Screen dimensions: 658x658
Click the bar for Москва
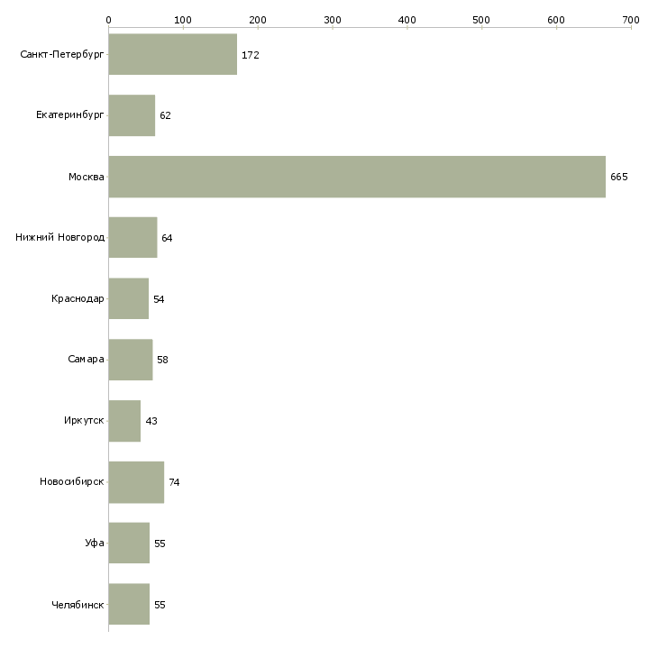coord(357,177)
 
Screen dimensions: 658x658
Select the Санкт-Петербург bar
coord(172,55)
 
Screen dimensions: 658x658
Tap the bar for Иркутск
coord(124,421)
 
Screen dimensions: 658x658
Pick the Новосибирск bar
coord(136,482)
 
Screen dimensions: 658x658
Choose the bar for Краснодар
coord(128,298)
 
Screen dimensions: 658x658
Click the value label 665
coord(618,177)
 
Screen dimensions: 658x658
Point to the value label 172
coord(250,55)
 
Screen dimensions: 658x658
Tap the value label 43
coord(151,421)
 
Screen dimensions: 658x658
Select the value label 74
coord(174,482)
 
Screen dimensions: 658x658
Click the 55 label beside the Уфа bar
coord(160,544)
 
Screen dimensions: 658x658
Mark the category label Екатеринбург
coord(70,115)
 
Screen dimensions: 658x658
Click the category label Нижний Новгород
coord(60,238)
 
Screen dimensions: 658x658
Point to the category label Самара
coord(86,360)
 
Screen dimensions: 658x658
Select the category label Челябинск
coord(78,605)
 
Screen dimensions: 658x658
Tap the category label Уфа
coord(95,544)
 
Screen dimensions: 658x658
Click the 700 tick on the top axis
coord(631,19)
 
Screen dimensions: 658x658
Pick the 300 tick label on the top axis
coord(333,19)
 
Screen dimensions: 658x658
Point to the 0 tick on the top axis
coord(108,19)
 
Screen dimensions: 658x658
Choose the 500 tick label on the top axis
coord(482,19)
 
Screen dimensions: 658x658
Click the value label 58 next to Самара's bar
coord(162,360)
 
